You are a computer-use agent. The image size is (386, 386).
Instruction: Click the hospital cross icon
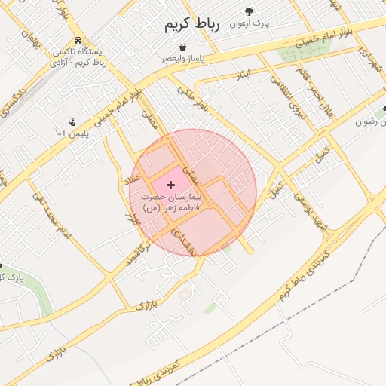pos(169,185)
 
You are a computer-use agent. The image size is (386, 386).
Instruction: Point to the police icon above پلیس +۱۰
pos(72,121)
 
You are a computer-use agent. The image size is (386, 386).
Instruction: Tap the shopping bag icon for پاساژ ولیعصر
pos(182,47)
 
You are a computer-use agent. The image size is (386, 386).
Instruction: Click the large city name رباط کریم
pos(192,25)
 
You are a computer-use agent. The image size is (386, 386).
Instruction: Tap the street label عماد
pos(133,181)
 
